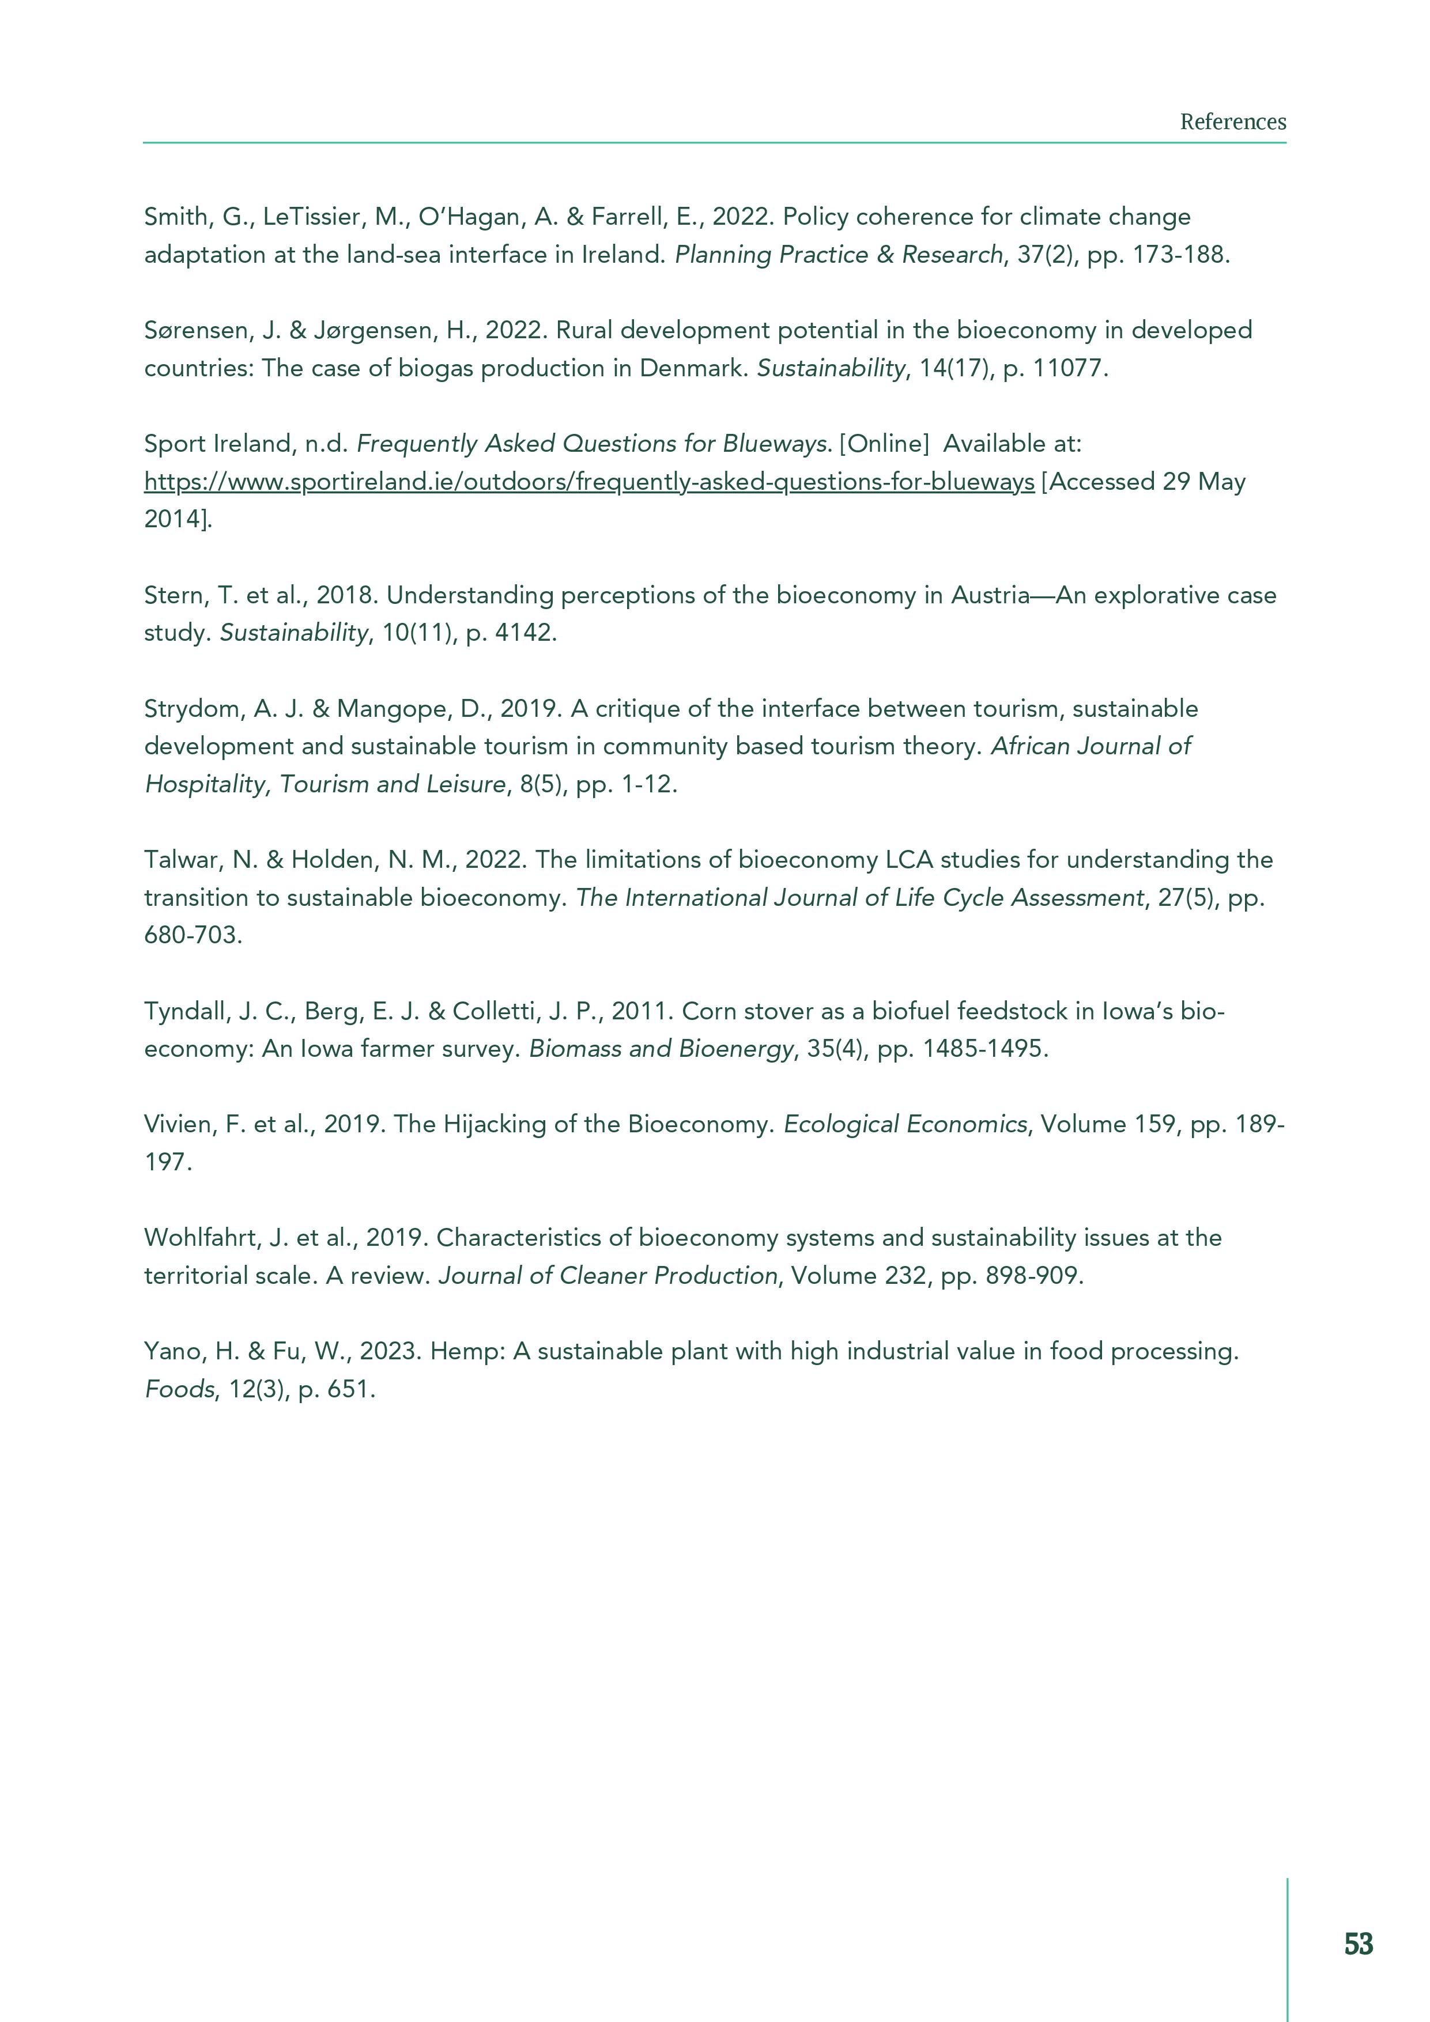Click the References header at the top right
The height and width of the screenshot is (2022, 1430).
pyautogui.click(x=1233, y=122)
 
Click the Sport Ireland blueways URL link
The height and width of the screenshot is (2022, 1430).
pyautogui.click(x=588, y=482)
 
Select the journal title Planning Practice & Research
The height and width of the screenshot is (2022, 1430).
pyautogui.click(x=839, y=255)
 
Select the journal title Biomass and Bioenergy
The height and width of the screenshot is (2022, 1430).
pyautogui.click(x=661, y=1049)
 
